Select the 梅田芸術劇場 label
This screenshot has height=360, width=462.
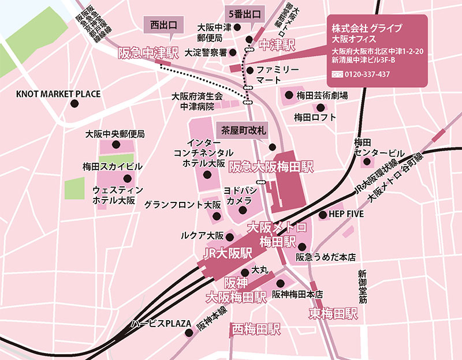[x=321, y=95]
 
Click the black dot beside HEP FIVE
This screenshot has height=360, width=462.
[x=322, y=215]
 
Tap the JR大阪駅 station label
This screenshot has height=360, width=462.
[x=229, y=254]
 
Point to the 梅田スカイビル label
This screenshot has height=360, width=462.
[x=113, y=167]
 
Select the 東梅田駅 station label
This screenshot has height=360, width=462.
[x=333, y=314]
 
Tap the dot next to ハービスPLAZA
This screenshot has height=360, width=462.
[x=188, y=332]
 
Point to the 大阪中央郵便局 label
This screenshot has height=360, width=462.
[x=114, y=134]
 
